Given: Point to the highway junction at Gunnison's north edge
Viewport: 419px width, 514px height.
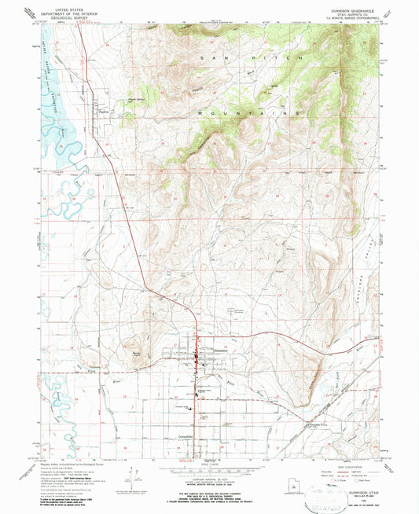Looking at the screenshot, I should coord(196,339).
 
